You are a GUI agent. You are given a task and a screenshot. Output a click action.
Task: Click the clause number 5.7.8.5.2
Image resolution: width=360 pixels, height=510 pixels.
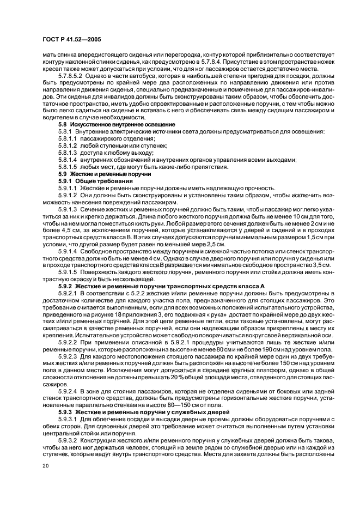coord(69,77)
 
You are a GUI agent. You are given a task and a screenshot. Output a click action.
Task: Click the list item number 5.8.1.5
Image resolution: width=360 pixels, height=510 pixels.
coord(68,167)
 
